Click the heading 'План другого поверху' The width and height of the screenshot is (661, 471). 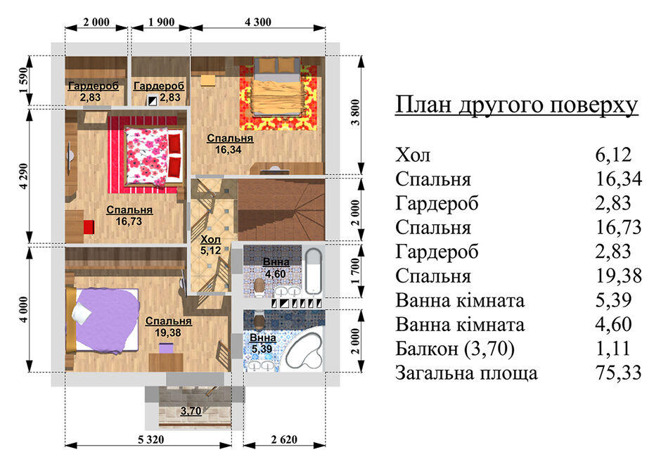(516, 105)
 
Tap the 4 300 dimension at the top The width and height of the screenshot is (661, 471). (258, 22)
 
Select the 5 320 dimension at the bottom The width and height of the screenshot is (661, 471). (151, 440)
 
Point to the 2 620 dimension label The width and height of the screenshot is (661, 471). (284, 440)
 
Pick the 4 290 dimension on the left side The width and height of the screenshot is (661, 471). (25, 176)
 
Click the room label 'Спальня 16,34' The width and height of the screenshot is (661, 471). (229, 143)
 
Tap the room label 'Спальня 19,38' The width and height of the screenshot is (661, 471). (168, 326)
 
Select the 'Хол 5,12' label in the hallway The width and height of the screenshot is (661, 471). (211, 245)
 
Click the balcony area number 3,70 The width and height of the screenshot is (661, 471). (191, 411)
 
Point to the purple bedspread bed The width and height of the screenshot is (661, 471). (103, 320)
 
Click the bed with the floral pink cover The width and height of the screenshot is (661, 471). (153, 158)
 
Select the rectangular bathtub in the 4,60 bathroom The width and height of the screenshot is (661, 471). (313, 271)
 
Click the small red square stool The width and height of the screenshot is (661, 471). (89, 227)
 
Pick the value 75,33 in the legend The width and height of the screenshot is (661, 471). (618, 373)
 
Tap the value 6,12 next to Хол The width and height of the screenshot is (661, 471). (613, 155)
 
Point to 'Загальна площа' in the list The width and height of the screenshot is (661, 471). (467, 373)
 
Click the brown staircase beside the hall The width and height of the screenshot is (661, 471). (281, 209)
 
